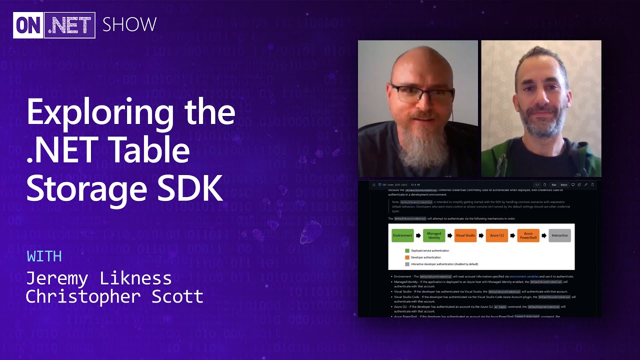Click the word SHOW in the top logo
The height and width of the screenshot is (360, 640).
pos(129,24)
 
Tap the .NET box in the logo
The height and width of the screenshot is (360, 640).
pos(70,25)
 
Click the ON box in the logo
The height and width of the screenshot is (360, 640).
pos(28,25)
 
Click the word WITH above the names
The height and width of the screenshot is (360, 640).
pos(44,256)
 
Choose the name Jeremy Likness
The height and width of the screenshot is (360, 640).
pos(98,278)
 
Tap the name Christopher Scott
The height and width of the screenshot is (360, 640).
pos(114,296)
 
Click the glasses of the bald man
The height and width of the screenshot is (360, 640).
pos(421,93)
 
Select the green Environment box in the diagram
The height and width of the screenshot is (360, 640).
pos(402,235)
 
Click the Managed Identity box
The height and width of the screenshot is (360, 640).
pos(434,235)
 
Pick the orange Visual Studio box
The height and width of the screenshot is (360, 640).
pos(465,235)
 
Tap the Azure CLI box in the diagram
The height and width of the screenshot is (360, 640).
pos(497,235)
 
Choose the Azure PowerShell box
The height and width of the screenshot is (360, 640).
pos(528,235)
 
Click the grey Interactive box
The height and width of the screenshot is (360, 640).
pos(559,235)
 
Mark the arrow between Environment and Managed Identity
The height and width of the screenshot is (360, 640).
pos(418,235)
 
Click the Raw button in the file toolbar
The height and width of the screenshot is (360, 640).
pos(554,185)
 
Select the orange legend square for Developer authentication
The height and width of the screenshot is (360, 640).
pos(407,257)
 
